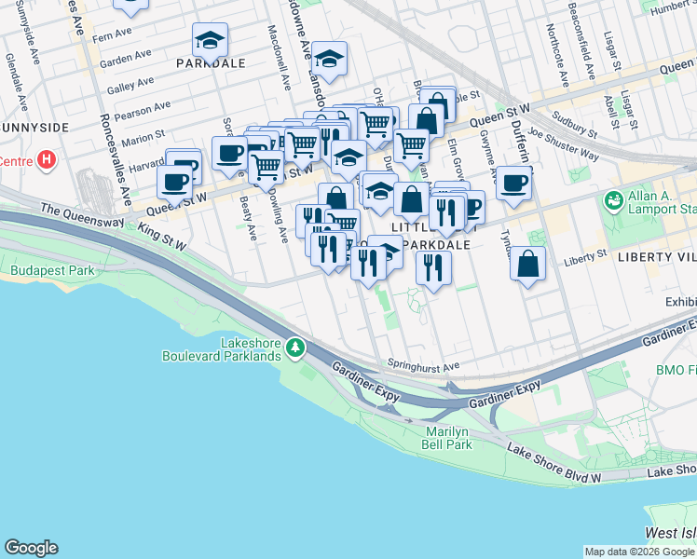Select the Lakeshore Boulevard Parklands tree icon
[x=295, y=348]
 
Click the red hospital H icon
[x=47, y=160]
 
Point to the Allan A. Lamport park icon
[x=612, y=199]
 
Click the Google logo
[x=31, y=548]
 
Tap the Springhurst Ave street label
[x=425, y=366]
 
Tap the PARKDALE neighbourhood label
[x=211, y=63]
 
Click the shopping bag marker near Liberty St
[x=528, y=263]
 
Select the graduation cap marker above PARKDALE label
[x=211, y=40]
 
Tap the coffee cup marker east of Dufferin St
[x=513, y=182]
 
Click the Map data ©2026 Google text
[x=639, y=552]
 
